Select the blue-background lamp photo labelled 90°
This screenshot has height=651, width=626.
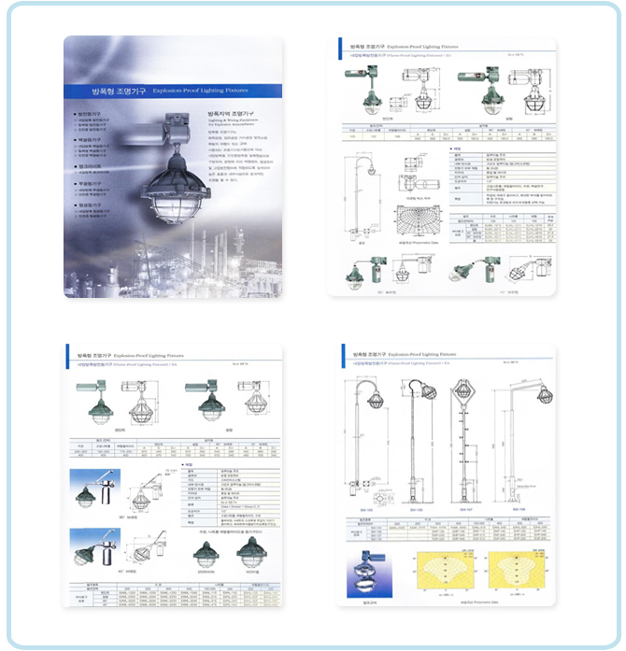point(94,493)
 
